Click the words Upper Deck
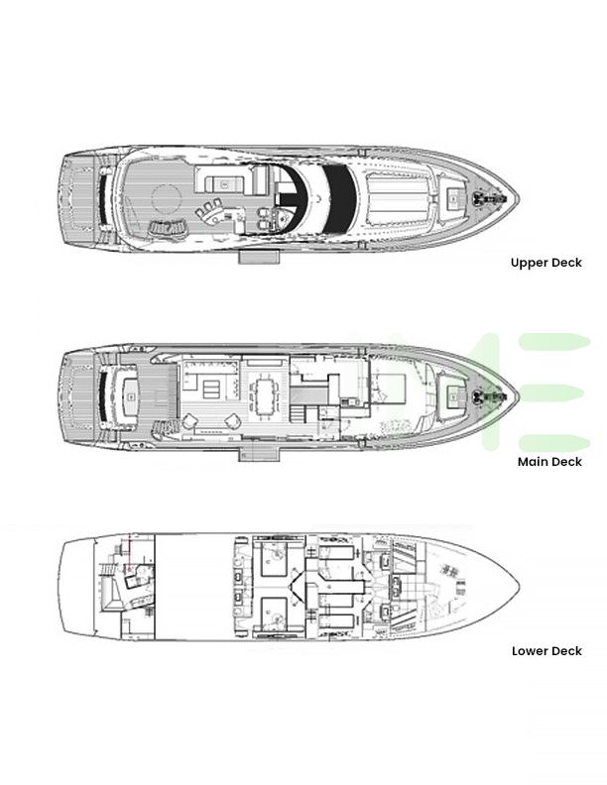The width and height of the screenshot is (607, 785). [x=546, y=263]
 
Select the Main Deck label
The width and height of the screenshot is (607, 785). [x=549, y=462]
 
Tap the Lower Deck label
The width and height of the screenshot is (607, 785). [x=546, y=651]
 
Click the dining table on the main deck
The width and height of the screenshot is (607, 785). [x=265, y=395]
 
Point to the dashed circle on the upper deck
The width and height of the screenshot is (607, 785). [x=166, y=198]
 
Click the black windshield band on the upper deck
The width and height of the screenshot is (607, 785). [x=339, y=199]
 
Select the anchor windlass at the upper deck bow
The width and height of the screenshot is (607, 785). [x=490, y=199]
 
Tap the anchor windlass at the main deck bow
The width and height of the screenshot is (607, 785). [x=490, y=396]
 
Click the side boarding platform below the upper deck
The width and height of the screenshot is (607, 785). [x=259, y=257]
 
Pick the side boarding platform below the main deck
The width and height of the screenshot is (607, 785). [x=259, y=454]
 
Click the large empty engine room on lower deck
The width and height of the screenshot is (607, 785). [x=194, y=586]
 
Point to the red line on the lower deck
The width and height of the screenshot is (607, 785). [x=129, y=552]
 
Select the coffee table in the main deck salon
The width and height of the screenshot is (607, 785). [x=211, y=389]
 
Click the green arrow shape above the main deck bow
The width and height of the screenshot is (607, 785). [x=554, y=342]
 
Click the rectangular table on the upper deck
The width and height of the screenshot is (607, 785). [x=224, y=184]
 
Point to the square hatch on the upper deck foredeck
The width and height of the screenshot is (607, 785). [x=453, y=198]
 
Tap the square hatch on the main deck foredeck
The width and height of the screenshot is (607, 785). [x=453, y=396]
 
